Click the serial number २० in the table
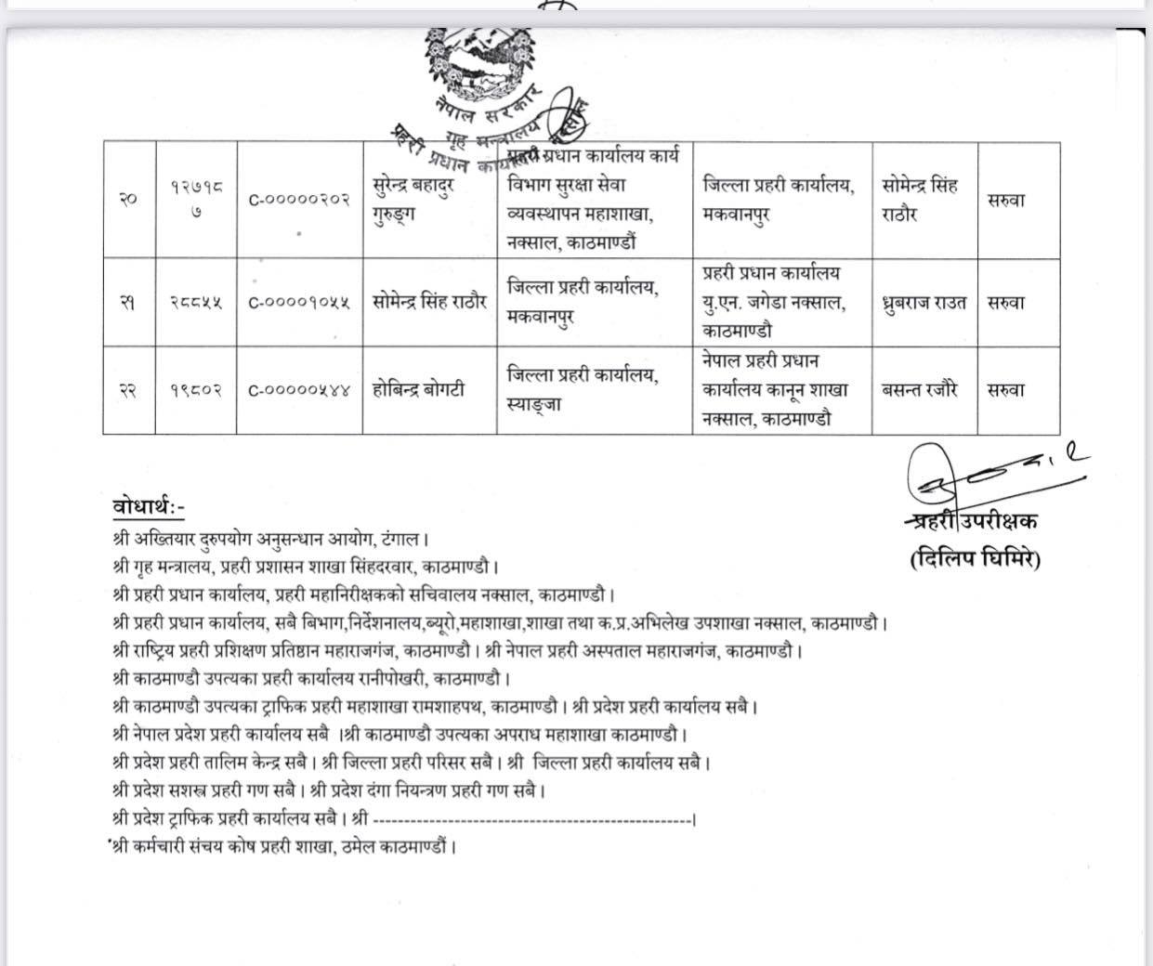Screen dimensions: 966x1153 tap(128, 199)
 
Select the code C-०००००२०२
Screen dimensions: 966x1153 tap(298, 199)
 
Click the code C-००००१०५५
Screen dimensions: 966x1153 tap(298, 303)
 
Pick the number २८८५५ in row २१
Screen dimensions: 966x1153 tap(195, 303)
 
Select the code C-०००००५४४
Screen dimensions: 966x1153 tap(298, 390)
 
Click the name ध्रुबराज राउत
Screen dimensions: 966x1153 tap(924, 303)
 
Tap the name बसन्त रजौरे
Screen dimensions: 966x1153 tap(920, 390)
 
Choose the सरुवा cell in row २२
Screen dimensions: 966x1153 tap(1006, 390)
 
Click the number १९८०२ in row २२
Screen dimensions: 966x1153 tap(195, 390)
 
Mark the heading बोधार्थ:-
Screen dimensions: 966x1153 tap(149, 507)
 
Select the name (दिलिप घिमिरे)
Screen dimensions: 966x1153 tap(976, 559)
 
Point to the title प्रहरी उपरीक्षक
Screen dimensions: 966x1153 tap(972, 521)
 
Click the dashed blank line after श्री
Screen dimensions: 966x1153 tap(533, 820)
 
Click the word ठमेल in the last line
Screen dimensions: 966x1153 tap(356, 847)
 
